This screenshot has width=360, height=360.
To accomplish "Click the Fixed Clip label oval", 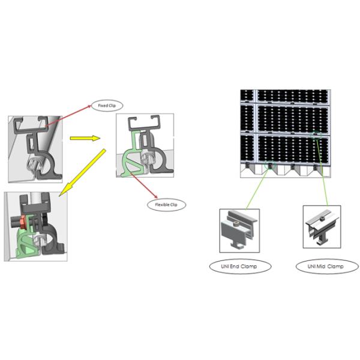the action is tap(107, 106).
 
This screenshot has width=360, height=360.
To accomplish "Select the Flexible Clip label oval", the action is tap(166, 205).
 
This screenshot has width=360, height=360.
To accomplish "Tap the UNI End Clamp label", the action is tap(240, 266).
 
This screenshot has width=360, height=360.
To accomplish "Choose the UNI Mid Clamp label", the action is tap(327, 266).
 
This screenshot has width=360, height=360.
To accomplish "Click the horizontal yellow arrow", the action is tap(85, 138).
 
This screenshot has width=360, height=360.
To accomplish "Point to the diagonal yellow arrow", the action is tap(82, 173).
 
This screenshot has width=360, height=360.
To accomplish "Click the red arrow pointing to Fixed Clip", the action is tap(68, 116).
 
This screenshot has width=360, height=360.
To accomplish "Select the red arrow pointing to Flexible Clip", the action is tap(144, 185).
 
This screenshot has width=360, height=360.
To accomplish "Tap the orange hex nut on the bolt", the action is tap(23, 222).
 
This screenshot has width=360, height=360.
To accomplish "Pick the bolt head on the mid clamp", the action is tap(322, 218).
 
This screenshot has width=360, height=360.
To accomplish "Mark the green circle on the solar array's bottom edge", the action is tap(270, 165).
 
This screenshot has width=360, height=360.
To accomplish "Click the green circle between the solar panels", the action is tap(316, 135).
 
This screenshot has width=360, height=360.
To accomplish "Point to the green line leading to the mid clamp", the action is tap(322, 173).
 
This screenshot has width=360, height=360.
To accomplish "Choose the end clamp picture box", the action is tap(239, 230).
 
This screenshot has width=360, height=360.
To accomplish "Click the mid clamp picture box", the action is tap(322, 227).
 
